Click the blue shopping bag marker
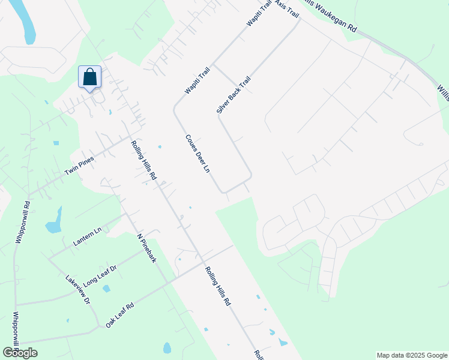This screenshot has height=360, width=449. click(x=90, y=77)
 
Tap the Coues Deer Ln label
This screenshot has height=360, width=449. click(x=197, y=154)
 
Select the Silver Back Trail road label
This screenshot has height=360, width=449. click(x=234, y=95)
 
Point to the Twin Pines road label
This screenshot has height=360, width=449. click(x=80, y=164)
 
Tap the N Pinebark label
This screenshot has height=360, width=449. click(x=146, y=248)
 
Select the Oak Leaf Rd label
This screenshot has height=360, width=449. click(x=119, y=315)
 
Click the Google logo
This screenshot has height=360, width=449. click(x=20, y=353)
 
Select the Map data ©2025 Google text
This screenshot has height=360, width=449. click(x=411, y=355)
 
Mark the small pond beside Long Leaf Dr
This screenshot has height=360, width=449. click(x=106, y=289)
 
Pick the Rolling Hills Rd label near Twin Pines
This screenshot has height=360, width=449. click(x=144, y=160)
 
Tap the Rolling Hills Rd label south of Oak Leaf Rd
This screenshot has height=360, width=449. click(x=218, y=287)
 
